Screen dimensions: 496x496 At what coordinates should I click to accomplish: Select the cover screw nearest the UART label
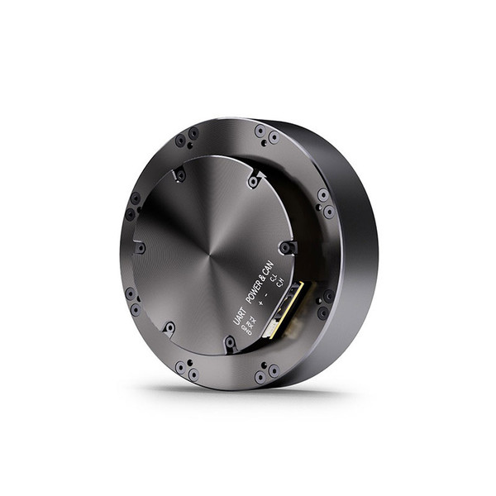tap(230, 341)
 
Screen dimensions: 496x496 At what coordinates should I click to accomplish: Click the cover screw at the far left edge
tap(141, 248)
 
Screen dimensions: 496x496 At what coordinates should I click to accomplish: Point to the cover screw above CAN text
tap(286, 247)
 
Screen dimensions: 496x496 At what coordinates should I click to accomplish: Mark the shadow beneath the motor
tap(248, 389)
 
